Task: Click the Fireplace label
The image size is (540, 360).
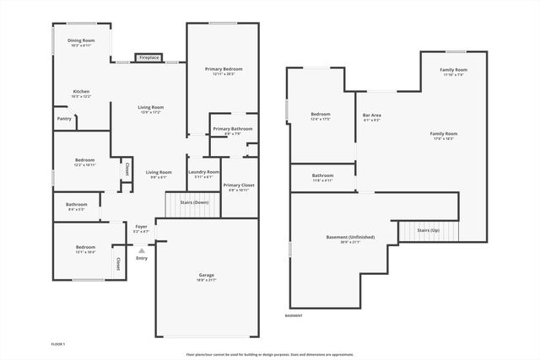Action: coord(148,57)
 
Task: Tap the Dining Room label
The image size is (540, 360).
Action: coord(81,40)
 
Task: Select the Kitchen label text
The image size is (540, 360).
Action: coord(81,92)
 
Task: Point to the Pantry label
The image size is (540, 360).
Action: coord(64,119)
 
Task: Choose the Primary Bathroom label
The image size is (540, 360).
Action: coord(233,128)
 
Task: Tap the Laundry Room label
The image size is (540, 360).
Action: coord(203,172)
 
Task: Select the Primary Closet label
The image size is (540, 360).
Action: coord(239,185)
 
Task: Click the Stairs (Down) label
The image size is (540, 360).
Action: coord(194,202)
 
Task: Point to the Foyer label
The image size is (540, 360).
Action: coord(141,226)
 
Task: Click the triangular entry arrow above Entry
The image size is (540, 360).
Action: coord(142,250)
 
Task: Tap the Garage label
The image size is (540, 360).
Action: coord(206,275)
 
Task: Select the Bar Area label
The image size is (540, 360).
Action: coord(371,116)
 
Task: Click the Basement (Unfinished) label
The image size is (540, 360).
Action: coord(349,237)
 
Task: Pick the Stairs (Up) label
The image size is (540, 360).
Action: coord(429,230)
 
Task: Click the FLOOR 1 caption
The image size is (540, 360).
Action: coord(58,344)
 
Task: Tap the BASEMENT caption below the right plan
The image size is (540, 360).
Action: coord(294,315)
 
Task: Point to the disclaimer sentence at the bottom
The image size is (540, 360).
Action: coord(270,354)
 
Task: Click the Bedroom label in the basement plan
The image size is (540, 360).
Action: coord(320,114)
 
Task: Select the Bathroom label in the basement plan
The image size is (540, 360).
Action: coord(323,175)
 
